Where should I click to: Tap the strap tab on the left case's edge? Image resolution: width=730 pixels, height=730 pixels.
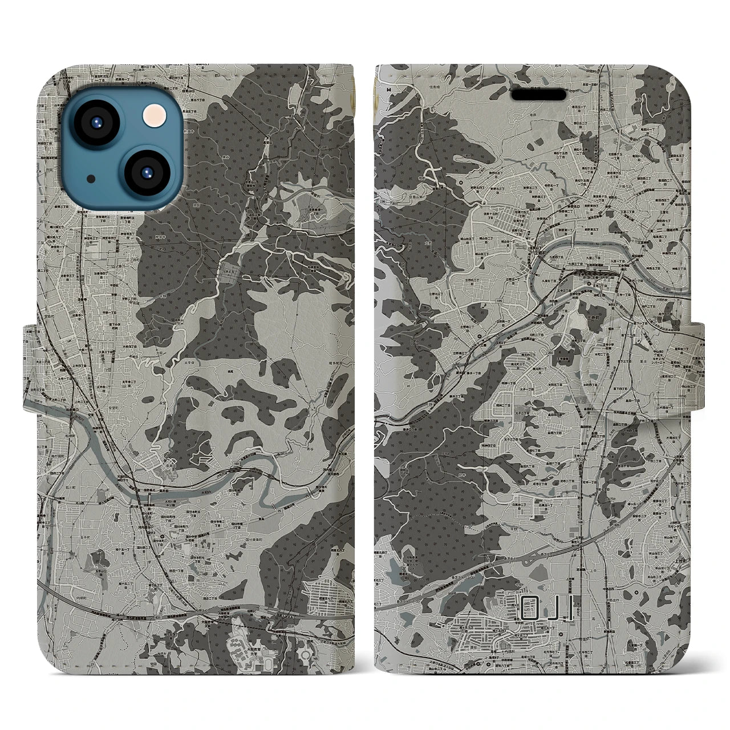click(x=31, y=365)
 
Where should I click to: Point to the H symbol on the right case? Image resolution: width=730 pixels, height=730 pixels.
click(x=389, y=89)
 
